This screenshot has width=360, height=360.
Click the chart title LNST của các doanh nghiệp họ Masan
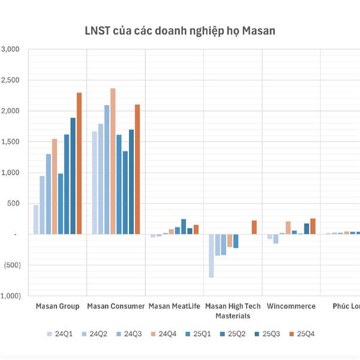(179, 31)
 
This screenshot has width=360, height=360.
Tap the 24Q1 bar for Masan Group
(36, 219)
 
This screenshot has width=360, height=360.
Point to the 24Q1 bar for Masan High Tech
(211, 256)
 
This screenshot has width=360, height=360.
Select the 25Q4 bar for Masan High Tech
(254, 227)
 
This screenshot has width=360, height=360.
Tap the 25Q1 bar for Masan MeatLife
(178, 230)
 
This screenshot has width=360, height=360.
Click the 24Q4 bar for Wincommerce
(288, 227)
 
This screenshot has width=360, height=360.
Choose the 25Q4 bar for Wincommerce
(313, 226)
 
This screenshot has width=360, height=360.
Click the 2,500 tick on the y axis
(11, 80)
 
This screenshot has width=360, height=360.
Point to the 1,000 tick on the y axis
(11, 173)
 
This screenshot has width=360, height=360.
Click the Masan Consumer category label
(116, 307)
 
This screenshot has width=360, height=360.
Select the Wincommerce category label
(291, 307)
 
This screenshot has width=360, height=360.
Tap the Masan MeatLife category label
(174, 307)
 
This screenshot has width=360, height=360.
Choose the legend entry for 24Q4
(165, 334)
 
